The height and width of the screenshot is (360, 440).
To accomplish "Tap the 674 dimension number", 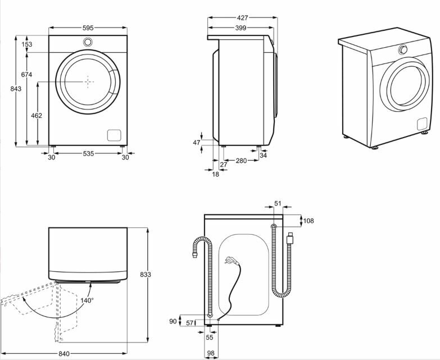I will click(26, 75).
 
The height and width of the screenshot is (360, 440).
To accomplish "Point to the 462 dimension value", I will click(37, 116).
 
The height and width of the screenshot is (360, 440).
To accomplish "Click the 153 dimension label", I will click(26, 44).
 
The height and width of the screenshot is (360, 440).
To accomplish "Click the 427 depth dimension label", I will click(242, 18).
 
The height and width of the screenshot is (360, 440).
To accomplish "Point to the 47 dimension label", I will click(197, 143).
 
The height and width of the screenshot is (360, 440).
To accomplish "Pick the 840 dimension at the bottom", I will click(63, 353).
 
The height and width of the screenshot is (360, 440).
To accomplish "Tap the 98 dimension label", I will click(210, 353).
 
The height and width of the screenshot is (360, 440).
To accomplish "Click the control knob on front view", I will click(88, 42).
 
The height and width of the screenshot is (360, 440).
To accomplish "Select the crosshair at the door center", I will click(88, 81).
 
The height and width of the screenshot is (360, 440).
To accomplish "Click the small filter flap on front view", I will click(114, 135).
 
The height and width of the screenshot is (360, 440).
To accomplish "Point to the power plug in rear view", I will click(229, 261).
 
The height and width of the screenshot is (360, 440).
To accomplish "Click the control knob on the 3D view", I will click(403, 50).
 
